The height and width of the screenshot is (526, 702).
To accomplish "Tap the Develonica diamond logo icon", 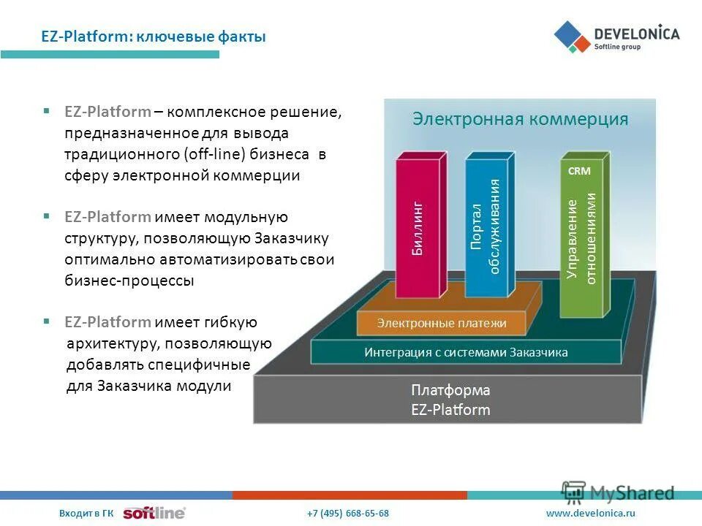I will tap(572, 37).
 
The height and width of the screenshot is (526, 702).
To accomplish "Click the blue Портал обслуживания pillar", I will tap(486, 226).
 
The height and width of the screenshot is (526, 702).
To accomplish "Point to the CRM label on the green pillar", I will tap(579, 170).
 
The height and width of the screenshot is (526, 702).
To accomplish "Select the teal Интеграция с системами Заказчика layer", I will tap(466, 352).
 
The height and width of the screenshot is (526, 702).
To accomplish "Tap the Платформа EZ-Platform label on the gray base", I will tap(450, 400).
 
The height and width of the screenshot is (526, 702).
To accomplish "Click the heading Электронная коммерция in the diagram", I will tap(520, 119).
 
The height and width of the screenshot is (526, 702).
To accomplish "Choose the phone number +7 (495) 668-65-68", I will tap(348, 514).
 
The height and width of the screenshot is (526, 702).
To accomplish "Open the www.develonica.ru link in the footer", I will tap(591, 514).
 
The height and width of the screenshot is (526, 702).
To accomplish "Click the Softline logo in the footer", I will tap(154, 514).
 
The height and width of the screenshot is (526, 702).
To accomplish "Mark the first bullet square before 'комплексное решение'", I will tap(47, 112).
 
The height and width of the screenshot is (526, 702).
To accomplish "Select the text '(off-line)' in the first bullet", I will tap(215, 154).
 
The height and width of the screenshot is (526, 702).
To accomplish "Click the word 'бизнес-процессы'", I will tap(129, 281).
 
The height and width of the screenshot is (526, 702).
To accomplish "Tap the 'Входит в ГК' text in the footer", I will tap(86, 514).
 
